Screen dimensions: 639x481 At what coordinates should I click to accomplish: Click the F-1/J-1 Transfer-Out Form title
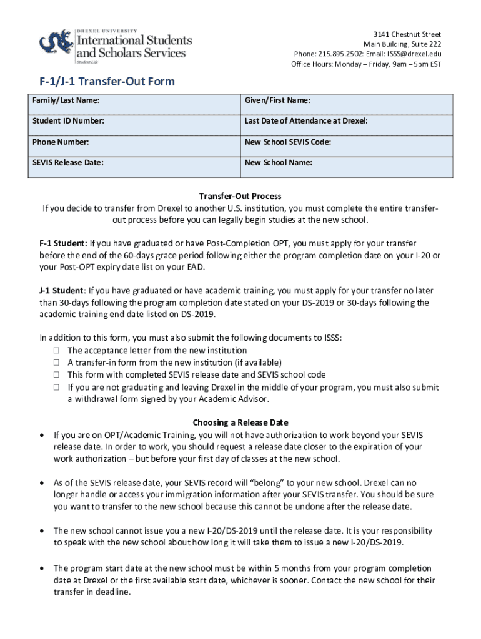(x=104, y=82)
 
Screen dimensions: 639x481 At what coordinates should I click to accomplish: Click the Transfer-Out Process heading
(x=240, y=196)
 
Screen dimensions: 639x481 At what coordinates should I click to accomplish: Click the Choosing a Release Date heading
(x=240, y=422)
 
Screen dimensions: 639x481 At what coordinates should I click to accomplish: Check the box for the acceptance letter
(x=56, y=351)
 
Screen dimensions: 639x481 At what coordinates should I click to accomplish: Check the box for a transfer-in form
(x=56, y=363)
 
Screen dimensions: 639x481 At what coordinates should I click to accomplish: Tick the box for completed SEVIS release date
(x=56, y=375)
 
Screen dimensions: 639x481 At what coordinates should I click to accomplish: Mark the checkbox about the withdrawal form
(x=56, y=388)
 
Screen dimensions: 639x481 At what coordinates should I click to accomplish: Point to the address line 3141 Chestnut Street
(x=407, y=34)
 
